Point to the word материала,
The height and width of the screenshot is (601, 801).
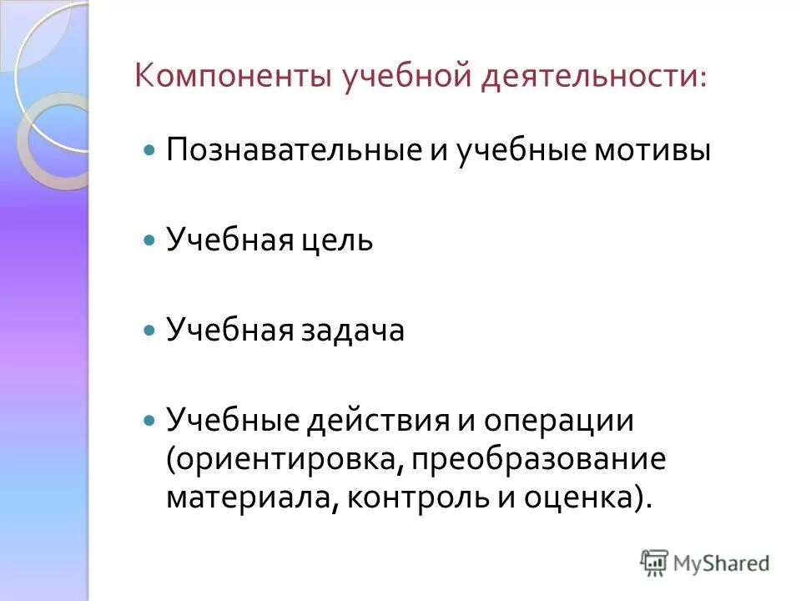coord(251,497)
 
